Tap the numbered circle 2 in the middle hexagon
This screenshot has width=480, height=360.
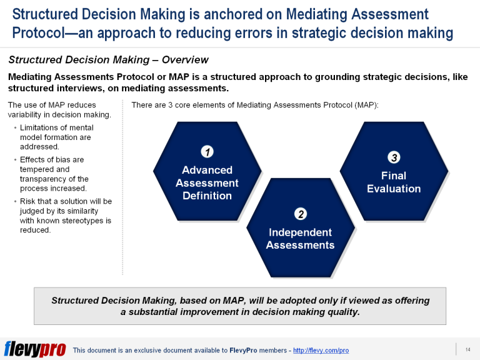(301, 214)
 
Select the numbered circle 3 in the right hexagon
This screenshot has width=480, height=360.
(394, 157)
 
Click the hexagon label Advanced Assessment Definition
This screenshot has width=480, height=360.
(207, 183)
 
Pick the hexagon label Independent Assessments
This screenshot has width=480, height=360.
(300, 239)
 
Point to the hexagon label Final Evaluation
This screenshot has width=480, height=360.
(394, 182)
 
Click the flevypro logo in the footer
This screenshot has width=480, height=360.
(35, 349)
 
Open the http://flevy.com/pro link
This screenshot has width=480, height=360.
(321, 350)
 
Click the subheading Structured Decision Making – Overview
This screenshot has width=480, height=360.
(108, 60)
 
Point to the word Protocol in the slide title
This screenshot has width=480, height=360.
(41, 33)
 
